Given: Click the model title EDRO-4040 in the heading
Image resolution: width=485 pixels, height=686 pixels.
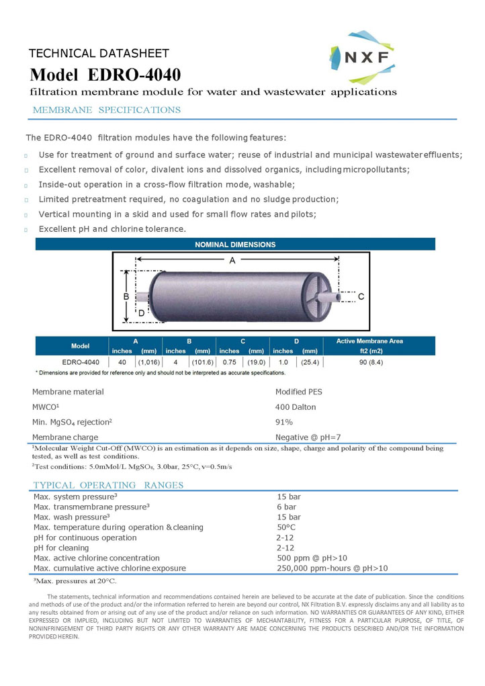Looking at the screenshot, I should (x=105, y=74).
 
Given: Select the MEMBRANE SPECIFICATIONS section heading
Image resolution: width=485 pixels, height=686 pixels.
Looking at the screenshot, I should (x=107, y=110).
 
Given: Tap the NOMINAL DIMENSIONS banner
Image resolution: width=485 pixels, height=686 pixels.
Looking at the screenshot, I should (x=235, y=245).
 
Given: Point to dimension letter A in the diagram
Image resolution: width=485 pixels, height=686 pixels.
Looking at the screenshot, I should (x=232, y=260).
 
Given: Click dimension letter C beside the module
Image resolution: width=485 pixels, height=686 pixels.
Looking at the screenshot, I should (x=361, y=296).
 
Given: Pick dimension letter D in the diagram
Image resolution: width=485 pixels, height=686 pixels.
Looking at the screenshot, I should (x=142, y=312).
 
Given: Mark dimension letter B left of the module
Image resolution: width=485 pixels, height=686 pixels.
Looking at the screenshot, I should (x=126, y=296).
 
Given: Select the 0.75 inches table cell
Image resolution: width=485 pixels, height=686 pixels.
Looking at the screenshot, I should (x=229, y=362).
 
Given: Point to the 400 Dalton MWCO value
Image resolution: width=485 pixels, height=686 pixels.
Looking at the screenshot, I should (x=296, y=407).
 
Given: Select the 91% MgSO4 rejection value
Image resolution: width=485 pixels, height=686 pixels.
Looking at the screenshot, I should (x=284, y=422).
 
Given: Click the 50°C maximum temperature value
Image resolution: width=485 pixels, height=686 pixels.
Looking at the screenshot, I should (x=286, y=527).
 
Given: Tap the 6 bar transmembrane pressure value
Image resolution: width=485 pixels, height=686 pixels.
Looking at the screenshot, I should (x=286, y=507).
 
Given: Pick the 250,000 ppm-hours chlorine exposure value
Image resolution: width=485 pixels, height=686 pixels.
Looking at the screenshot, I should (x=332, y=568).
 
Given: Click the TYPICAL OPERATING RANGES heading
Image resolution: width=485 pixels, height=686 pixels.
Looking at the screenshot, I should (x=108, y=485).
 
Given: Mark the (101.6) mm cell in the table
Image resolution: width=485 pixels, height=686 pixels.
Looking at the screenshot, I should (x=202, y=362).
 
